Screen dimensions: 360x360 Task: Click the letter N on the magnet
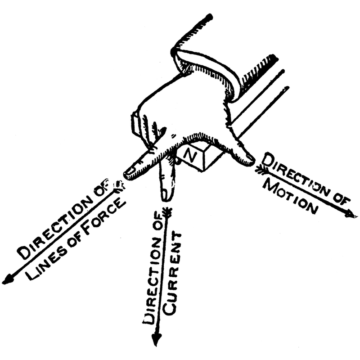click(190, 156)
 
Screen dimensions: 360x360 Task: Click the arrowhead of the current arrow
click(156, 338)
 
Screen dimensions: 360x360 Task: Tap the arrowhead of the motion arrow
click(351, 214)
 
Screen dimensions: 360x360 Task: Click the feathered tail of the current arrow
click(167, 211)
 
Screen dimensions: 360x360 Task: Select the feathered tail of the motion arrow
click(261, 170)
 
